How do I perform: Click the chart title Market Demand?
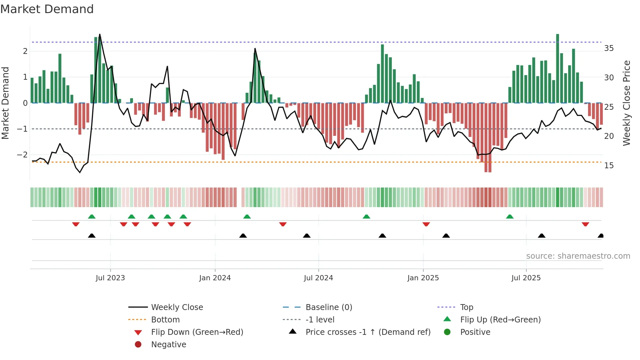(x=47, y=9)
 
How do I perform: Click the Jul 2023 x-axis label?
(x=110, y=278)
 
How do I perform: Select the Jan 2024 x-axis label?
(x=215, y=278)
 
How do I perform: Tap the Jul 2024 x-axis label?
(x=318, y=278)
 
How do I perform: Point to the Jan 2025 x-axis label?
(x=423, y=278)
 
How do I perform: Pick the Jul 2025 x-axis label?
(x=526, y=278)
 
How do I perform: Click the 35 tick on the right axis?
(x=609, y=48)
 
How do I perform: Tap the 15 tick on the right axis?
(x=609, y=166)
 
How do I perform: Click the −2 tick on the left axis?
(x=22, y=155)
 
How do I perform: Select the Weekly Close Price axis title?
(x=626, y=103)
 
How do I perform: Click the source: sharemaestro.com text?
(x=578, y=256)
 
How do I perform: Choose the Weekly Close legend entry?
(x=177, y=307)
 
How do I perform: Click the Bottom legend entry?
(x=165, y=320)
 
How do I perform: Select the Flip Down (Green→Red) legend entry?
(x=197, y=332)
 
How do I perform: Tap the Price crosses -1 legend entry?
(x=368, y=332)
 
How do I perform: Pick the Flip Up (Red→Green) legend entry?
(x=500, y=320)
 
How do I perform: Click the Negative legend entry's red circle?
(x=138, y=345)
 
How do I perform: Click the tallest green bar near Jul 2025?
(x=557, y=69)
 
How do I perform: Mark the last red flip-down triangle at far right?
(x=585, y=224)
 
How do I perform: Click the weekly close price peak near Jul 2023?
(x=100, y=35)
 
